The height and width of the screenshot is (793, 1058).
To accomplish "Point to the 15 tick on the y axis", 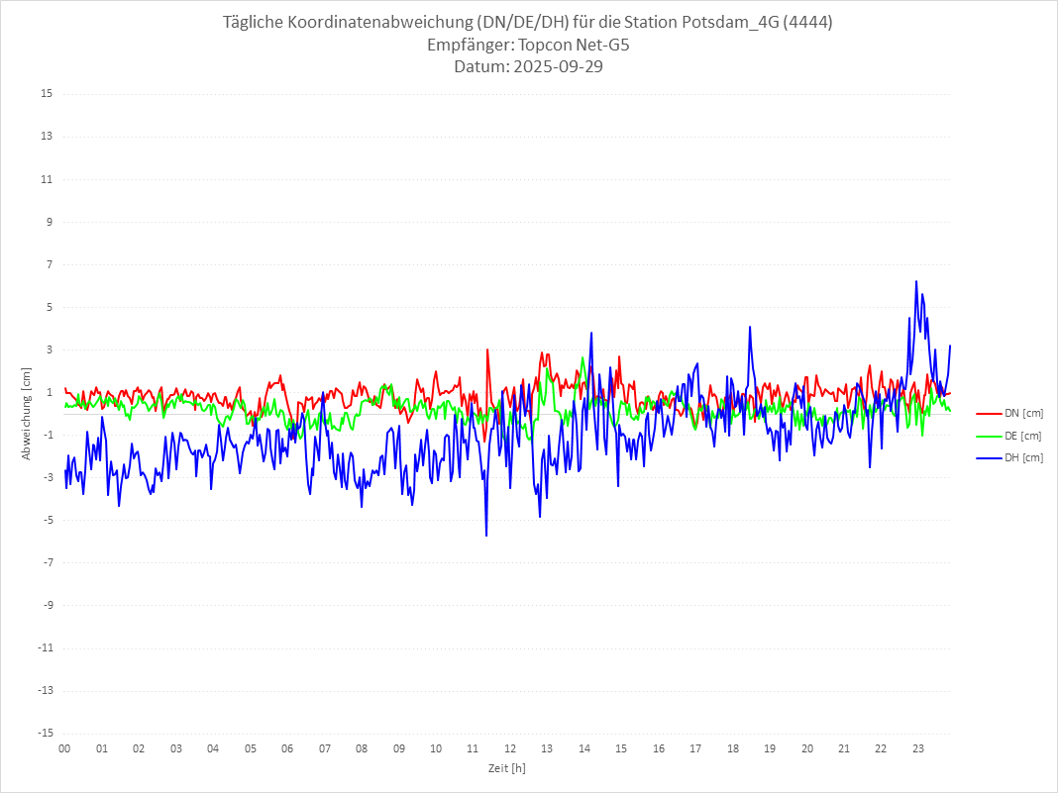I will coord(47,94).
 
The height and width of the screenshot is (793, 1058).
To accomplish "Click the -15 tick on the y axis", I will coord(45,733).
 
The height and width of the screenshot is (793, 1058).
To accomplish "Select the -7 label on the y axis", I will coord(47,562).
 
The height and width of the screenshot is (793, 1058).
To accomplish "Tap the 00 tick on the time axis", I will coord(64,748).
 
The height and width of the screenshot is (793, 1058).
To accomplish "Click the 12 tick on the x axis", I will coord(510,748).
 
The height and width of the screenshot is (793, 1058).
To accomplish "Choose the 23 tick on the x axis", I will coord(918,748).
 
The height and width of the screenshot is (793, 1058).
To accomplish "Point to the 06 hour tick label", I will coord(287,748).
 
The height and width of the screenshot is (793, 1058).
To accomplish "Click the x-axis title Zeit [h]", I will coord(506,768).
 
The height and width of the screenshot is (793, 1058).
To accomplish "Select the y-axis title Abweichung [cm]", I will coord(27,413).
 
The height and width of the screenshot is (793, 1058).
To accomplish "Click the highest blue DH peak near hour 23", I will coord(916,281).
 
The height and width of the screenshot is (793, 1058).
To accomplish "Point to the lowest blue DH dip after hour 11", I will coord(486,536).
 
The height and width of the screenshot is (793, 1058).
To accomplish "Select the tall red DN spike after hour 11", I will coord(487,349).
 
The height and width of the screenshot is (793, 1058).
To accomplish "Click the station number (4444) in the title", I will coord(806,23).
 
